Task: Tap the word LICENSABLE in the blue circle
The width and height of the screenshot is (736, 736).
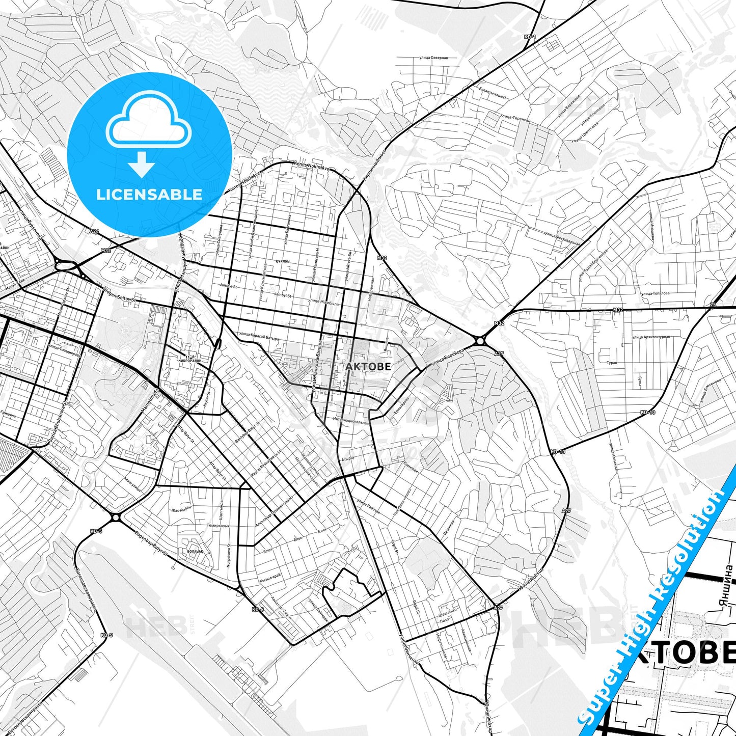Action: point(149,194)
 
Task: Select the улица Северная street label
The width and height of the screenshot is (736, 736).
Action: point(433,58)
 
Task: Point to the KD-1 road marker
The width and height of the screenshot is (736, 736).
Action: point(529,37)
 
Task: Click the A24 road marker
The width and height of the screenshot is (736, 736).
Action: point(94,231)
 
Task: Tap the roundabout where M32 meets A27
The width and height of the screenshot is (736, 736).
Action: point(480,341)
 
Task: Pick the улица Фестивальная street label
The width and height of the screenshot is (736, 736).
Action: point(562,238)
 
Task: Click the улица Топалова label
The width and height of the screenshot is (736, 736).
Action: point(656,293)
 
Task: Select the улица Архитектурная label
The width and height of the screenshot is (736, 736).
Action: point(651,337)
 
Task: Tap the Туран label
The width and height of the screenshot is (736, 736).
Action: point(612,363)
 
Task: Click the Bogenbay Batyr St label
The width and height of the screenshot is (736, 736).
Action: point(151,544)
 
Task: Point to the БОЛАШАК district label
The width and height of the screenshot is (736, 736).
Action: point(195,551)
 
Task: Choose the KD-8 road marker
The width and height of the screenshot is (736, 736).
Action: point(258,609)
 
